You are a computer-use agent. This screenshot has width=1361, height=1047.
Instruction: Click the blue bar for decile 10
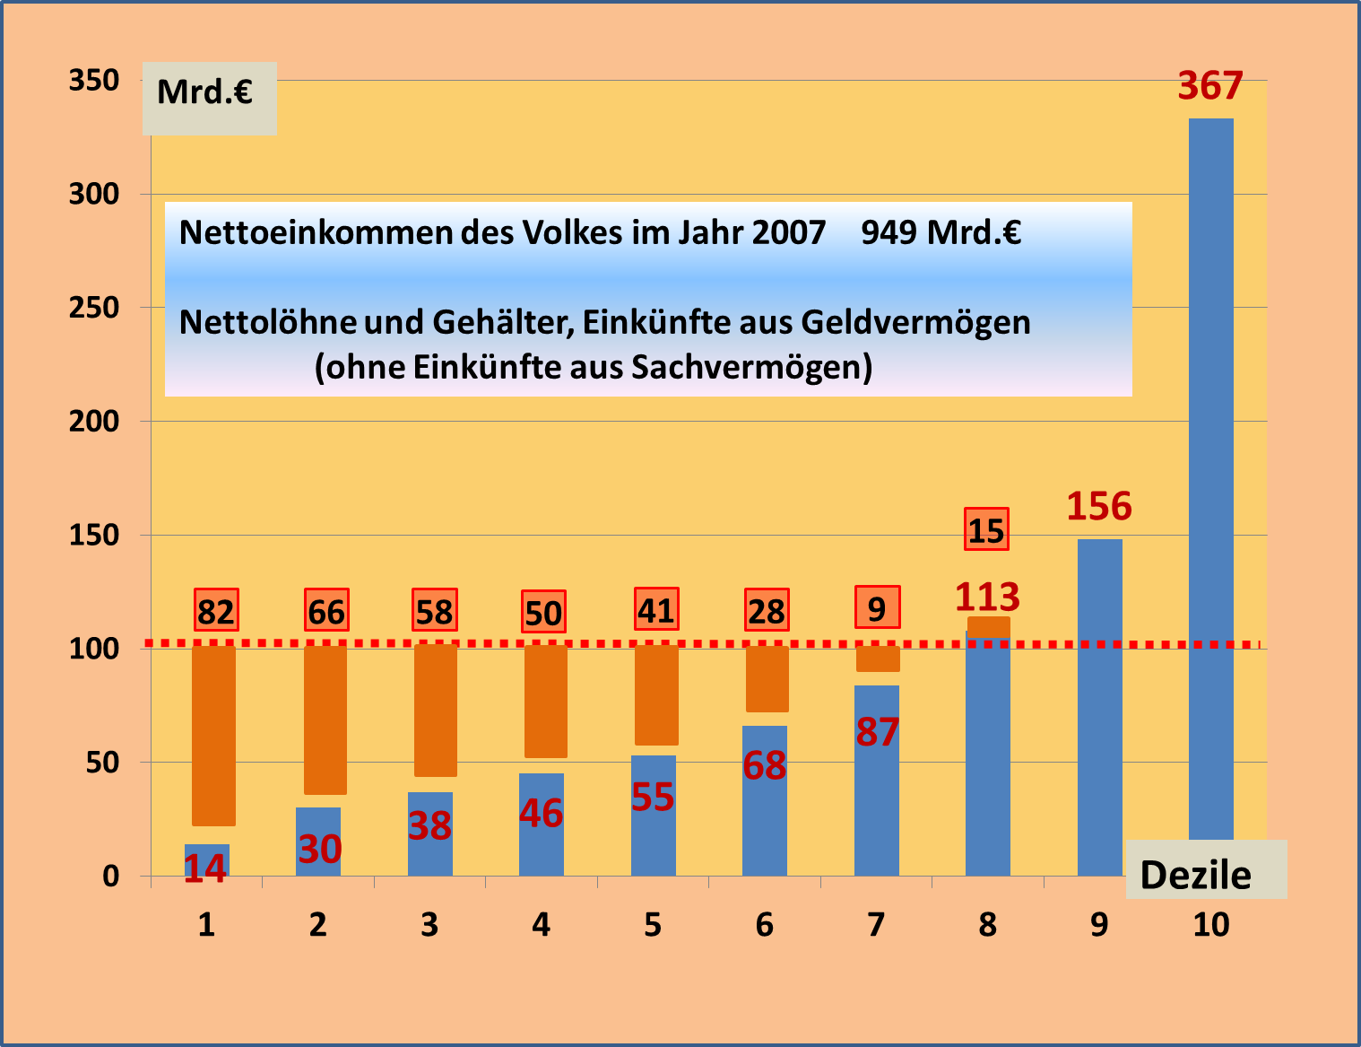tap(1210, 476)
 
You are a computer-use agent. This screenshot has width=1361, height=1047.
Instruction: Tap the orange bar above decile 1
tap(214, 736)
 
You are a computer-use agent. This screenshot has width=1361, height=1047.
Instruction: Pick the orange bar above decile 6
tap(767, 679)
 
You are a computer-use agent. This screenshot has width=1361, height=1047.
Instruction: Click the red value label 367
tap(1210, 86)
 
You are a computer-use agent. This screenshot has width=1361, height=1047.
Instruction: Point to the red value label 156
tap(1099, 507)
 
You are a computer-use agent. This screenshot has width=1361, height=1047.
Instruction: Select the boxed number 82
tap(216, 612)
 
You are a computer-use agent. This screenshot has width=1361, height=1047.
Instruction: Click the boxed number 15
tap(986, 530)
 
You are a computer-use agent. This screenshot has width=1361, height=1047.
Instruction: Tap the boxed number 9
tap(877, 609)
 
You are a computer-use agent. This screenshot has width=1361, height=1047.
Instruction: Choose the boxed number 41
tap(656, 611)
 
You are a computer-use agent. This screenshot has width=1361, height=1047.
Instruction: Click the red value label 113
tap(987, 597)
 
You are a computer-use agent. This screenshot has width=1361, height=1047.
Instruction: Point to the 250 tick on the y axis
tap(94, 308)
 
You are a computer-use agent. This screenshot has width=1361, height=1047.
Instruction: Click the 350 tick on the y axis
tap(94, 81)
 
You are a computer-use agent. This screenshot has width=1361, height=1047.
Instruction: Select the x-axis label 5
tap(653, 925)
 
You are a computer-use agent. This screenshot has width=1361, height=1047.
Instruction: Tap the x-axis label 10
tap(1210, 925)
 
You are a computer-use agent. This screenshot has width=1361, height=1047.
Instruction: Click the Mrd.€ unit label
tap(205, 92)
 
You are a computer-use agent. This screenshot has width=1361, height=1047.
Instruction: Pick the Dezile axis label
tap(1195, 875)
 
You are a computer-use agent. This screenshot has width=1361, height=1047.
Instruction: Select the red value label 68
tap(765, 765)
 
